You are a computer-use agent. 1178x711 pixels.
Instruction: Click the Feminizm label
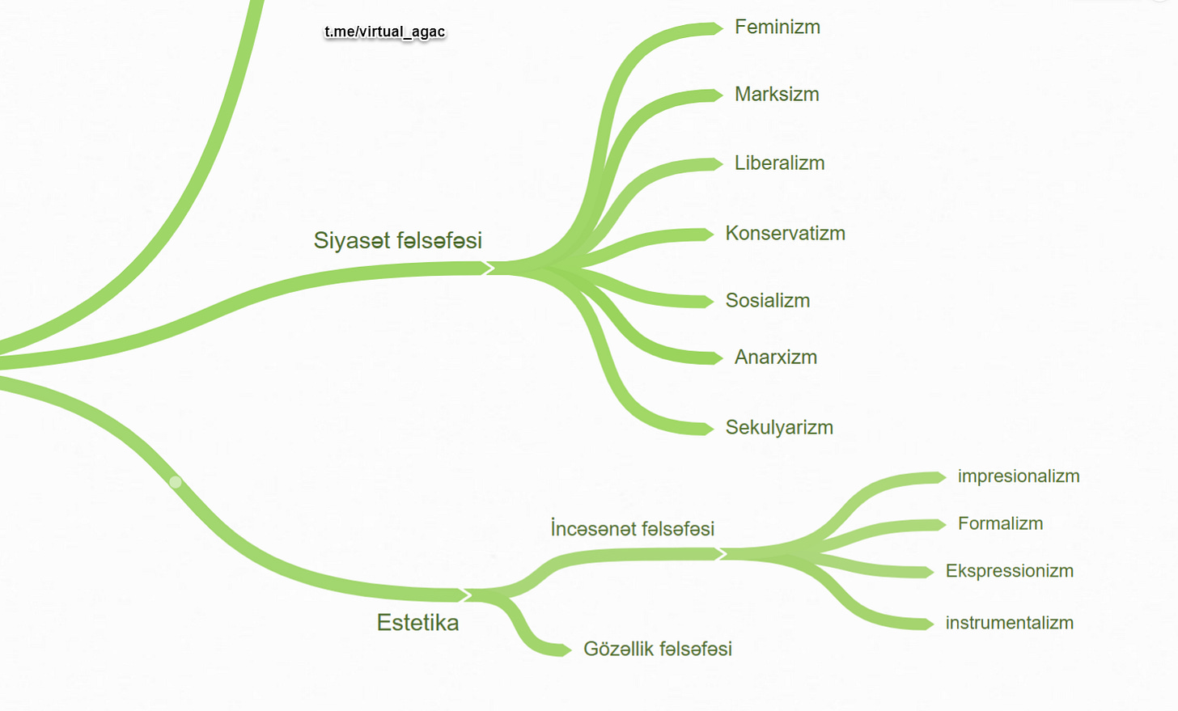pyautogui.click(x=777, y=28)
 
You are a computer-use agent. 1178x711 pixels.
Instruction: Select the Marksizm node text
pyautogui.click(x=777, y=95)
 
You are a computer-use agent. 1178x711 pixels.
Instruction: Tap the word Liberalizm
pyautogui.click(x=779, y=163)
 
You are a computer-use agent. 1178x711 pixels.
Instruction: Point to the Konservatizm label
pyautogui.click(x=785, y=234)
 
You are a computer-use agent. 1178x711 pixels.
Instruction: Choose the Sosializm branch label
pyautogui.click(x=767, y=301)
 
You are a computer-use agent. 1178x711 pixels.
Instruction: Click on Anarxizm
pyautogui.click(x=775, y=358)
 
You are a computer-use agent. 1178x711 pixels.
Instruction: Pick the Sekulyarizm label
pyautogui.click(x=779, y=428)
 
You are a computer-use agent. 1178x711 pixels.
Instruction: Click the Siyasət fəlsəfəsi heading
pyautogui.click(x=397, y=240)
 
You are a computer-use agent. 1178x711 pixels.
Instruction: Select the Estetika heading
pyautogui.click(x=417, y=623)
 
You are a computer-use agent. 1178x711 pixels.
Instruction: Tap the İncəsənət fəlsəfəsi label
pyautogui.click(x=632, y=529)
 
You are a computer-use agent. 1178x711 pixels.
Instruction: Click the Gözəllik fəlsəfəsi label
pyautogui.click(x=657, y=650)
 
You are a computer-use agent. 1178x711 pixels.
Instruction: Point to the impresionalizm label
pyautogui.click(x=1018, y=476)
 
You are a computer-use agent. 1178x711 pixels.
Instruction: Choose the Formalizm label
pyautogui.click(x=1000, y=524)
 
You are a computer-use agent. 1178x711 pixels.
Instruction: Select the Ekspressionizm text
pyautogui.click(x=1009, y=571)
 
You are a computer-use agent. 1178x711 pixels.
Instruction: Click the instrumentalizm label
pyautogui.click(x=1009, y=624)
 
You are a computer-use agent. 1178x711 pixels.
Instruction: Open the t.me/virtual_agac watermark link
pyautogui.click(x=384, y=32)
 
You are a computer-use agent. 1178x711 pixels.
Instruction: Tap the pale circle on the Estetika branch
pyautogui.click(x=176, y=482)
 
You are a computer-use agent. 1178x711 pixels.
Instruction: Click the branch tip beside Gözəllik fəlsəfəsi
pyautogui.click(x=564, y=650)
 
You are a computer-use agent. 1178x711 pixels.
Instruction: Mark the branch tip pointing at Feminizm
pyautogui.click(x=715, y=29)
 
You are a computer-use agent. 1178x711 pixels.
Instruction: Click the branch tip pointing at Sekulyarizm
pyautogui.click(x=706, y=429)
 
